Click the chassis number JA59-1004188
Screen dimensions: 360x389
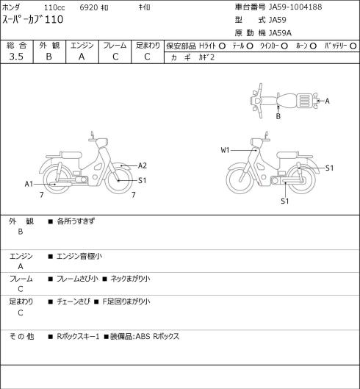pyautogui.click(x=295, y=7)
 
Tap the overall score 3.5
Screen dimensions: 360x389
pyautogui.click(x=16, y=57)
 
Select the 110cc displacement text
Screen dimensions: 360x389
pyautogui.click(x=54, y=7)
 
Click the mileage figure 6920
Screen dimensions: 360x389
pyautogui.click(x=89, y=7)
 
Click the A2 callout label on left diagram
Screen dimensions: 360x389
pyautogui.click(x=143, y=165)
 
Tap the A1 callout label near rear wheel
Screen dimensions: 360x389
pyautogui.click(x=29, y=184)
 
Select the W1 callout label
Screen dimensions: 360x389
pyautogui.click(x=225, y=150)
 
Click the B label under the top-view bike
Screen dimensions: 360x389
pyautogui.click(x=278, y=116)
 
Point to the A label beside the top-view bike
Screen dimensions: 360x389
pyautogui.click(x=327, y=101)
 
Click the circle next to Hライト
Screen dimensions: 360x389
pyautogui.click(x=222, y=46)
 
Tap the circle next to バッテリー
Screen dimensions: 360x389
pyautogui.click(x=353, y=46)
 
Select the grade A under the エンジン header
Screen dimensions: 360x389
pyautogui.click(x=82, y=57)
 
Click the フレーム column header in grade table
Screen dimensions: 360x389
pyautogui.click(x=115, y=46)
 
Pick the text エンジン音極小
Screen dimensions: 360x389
pyautogui.click(x=79, y=257)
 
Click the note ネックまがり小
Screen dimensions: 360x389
pyautogui.click(x=130, y=279)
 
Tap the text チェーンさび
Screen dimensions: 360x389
pyautogui.click(x=73, y=301)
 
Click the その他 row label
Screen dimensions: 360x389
pyautogui.click(x=21, y=337)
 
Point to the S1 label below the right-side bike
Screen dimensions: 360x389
pyautogui.click(x=285, y=201)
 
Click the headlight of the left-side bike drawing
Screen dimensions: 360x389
pyautogui.click(x=102, y=143)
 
